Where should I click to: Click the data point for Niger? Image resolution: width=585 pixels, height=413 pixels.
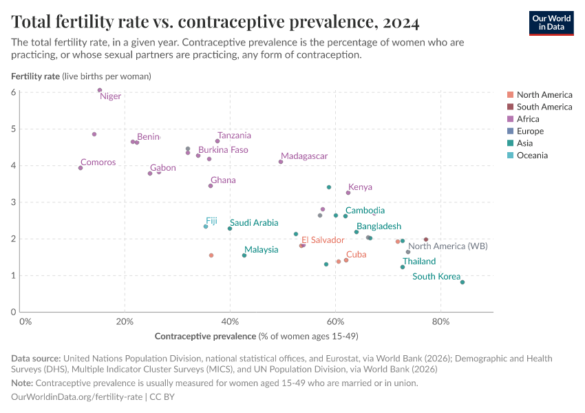tap(100, 90)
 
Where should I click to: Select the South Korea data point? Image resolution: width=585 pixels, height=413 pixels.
tap(462, 282)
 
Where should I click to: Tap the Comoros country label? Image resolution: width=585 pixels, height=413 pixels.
tap(98, 162)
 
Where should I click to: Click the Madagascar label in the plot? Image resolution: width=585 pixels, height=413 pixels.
tap(304, 156)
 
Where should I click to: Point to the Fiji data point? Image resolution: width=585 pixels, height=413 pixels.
tap(206, 226)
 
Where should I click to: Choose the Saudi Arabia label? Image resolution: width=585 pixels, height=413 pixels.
tap(254, 222)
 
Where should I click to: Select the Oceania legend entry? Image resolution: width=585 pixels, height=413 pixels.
tap(532, 156)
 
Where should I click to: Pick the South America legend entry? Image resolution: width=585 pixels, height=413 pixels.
tap(544, 107)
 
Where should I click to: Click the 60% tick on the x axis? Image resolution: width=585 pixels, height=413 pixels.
tap(335, 321)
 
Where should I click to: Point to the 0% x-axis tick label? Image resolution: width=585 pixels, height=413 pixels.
tap(25, 321)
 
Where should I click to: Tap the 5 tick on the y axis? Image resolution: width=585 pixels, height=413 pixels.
tap(14, 129)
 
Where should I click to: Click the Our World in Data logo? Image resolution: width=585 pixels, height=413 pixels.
tap(551, 22)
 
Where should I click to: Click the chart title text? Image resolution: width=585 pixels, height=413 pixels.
tap(215, 22)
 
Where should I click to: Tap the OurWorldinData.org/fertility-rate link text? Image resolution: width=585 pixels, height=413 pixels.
tap(77, 397)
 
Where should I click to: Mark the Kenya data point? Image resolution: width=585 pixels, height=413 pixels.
tap(348, 193)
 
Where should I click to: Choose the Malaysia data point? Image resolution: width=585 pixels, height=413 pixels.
tap(244, 255)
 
